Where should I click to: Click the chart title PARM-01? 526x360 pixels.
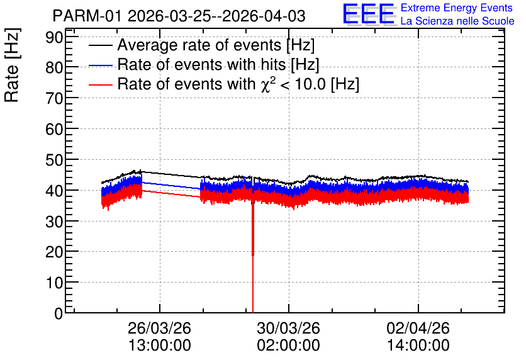pos(87,16)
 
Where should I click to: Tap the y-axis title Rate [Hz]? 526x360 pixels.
pos(12,65)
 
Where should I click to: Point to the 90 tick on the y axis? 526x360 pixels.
pos(54,37)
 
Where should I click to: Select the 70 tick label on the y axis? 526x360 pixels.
pos(54,98)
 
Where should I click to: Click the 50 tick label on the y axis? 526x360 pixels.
pos(54,160)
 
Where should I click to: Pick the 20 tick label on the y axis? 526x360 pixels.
pos(54,252)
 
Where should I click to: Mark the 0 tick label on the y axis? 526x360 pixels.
pos(59,313)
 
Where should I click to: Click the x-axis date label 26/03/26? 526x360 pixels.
pos(159,328)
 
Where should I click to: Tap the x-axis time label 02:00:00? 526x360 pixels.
pos(289,346)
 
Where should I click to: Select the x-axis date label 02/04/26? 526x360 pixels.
pos(418,328)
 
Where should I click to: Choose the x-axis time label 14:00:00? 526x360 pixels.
pos(418,346)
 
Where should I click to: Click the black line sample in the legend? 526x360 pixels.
pos(101,45)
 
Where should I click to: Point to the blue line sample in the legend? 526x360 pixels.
pos(101,65)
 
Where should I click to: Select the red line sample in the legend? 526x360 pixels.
pos(101,84)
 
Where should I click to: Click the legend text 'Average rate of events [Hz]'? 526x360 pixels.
pos(216,45)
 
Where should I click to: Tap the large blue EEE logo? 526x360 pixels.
pos(369,14)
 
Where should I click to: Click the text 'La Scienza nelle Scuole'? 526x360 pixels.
pos(457,21)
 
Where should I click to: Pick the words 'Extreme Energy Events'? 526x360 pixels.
pos(457,8)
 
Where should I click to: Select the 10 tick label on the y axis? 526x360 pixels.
pos(54,283)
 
